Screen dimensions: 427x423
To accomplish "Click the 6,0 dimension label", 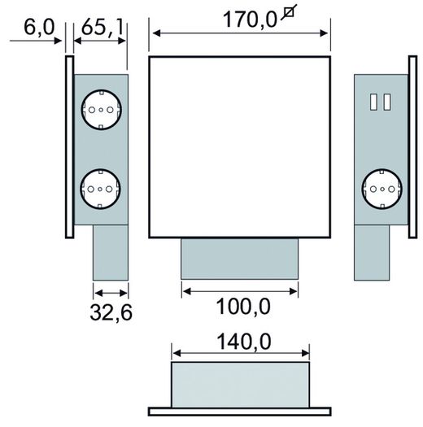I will click(x=37, y=29).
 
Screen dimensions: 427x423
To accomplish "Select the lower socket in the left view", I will click(x=101, y=189).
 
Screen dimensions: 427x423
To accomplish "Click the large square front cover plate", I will click(x=240, y=147).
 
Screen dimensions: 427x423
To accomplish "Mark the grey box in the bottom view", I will click(x=241, y=382).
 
